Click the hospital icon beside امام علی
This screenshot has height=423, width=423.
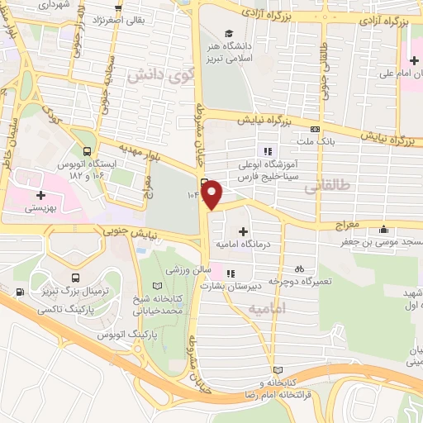coord(414,59)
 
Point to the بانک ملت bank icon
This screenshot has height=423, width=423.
coord(315,129)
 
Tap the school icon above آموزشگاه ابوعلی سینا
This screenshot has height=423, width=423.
coord(267,150)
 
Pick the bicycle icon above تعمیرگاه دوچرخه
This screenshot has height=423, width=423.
coord(300,269)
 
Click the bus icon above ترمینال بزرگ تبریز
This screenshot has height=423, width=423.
coord(76,278)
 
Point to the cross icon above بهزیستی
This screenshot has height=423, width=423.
coord(40,194)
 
